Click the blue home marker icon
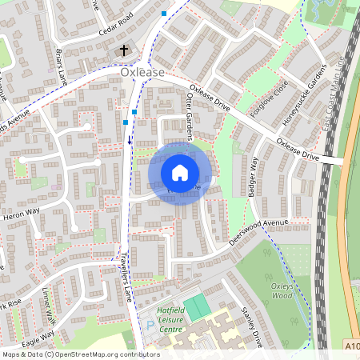point(179,173)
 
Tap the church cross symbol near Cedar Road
point(124,51)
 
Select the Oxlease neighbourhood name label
point(142,72)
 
